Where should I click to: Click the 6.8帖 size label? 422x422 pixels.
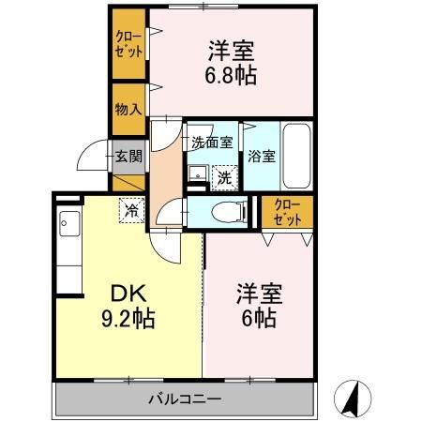tap(231, 75)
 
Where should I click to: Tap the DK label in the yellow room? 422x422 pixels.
tap(128, 294)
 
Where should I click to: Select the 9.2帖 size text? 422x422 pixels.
tap(128, 318)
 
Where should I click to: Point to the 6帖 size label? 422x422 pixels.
tap(259, 318)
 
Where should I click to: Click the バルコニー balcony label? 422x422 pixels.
tap(185, 399)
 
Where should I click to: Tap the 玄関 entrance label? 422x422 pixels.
tap(128, 157)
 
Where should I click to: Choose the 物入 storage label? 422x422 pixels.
tap(128, 110)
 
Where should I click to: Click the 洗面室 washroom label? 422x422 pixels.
tap(212, 143)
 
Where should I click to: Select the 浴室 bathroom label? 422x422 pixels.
tap(262, 157)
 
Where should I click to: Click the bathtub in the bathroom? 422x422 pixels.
tap(296, 156)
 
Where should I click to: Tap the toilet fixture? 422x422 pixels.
tap(228, 212)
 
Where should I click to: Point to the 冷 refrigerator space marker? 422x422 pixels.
tap(131, 211)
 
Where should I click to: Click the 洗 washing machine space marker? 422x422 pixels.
tap(225, 178)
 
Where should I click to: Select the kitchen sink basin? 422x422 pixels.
tap(69, 223)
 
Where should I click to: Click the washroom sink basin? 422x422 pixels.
tap(198, 173)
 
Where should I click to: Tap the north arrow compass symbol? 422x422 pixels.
tap(353, 399)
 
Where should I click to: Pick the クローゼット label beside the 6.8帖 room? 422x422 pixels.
tap(128, 44)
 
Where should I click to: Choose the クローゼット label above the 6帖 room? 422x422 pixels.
tap(287, 213)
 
